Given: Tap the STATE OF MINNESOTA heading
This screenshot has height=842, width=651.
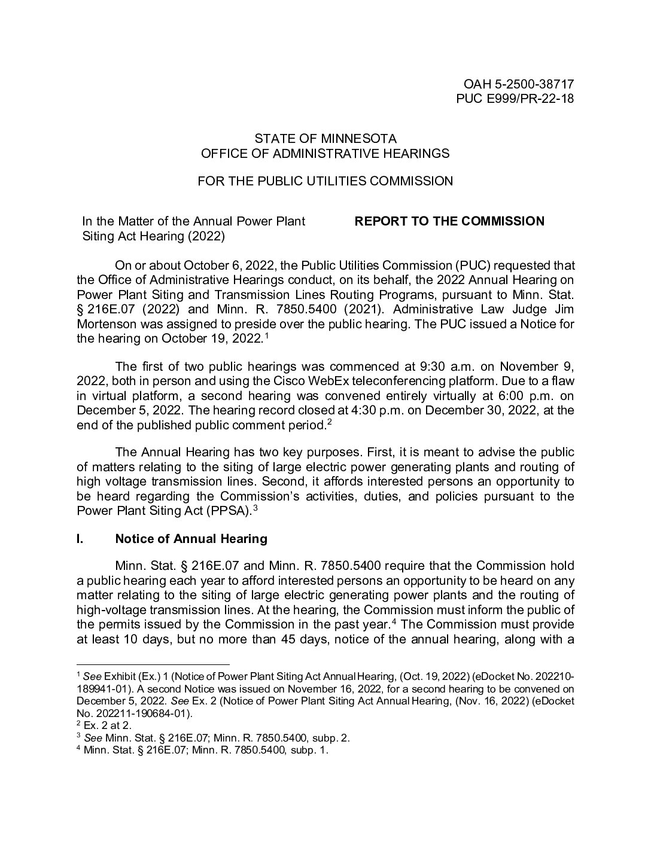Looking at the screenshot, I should point(325,139).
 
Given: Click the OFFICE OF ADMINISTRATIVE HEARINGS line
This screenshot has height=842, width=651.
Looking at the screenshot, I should point(325,154).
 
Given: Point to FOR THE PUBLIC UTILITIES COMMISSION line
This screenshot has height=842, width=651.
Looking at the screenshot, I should point(325,181).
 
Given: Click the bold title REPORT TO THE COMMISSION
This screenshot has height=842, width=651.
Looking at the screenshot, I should point(449,221).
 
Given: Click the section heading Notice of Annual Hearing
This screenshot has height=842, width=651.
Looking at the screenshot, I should point(191,539).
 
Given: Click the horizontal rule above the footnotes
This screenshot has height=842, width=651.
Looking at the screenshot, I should point(153,664).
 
